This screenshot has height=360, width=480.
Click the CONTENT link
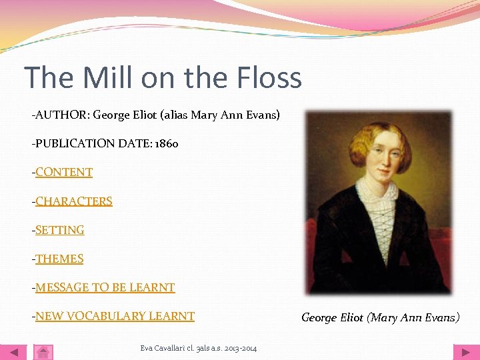(64, 172)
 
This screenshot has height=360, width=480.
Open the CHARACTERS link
(74, 201)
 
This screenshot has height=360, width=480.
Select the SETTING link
(60, 230)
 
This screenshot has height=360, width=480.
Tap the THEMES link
(59, 259)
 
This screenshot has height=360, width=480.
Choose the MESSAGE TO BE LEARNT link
(105, 287)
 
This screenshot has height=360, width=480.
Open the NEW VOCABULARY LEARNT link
(115, 316)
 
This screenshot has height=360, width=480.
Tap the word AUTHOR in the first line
(61, 115)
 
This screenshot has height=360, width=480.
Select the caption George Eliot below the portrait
(331, 317)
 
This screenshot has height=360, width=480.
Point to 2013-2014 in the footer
(241, 347)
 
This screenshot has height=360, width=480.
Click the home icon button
(43, 352)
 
